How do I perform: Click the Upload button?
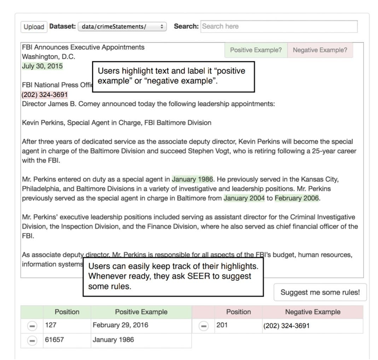[34, 27]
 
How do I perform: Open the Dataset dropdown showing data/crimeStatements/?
[122, 27]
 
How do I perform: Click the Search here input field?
[279, 27]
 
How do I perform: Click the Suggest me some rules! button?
[320, 292]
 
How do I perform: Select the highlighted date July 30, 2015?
[42, 66]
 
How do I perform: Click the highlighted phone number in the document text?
[45, 95]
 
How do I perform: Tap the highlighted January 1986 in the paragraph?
[192, 179]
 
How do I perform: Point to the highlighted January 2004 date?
[244, 198]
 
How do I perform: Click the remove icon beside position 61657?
[32, 341]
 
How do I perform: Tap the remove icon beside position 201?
[203, 326]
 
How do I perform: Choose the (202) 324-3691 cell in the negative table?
[286, 326]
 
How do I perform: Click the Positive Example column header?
[141, 312]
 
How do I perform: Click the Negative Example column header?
[313, 312]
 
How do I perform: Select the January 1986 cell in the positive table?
[113, 340]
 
